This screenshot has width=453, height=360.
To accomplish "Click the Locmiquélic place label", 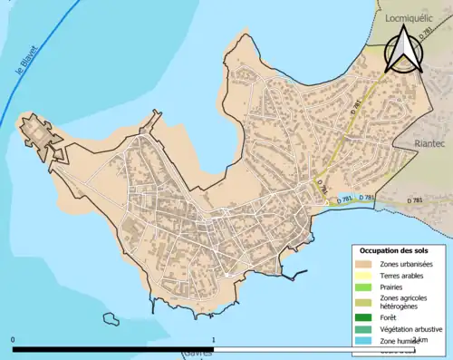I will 412,16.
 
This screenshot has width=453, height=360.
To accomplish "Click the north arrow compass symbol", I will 402,49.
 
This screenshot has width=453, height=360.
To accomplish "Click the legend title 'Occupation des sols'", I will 396,249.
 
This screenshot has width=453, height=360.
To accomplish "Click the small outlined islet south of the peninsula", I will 111,319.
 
